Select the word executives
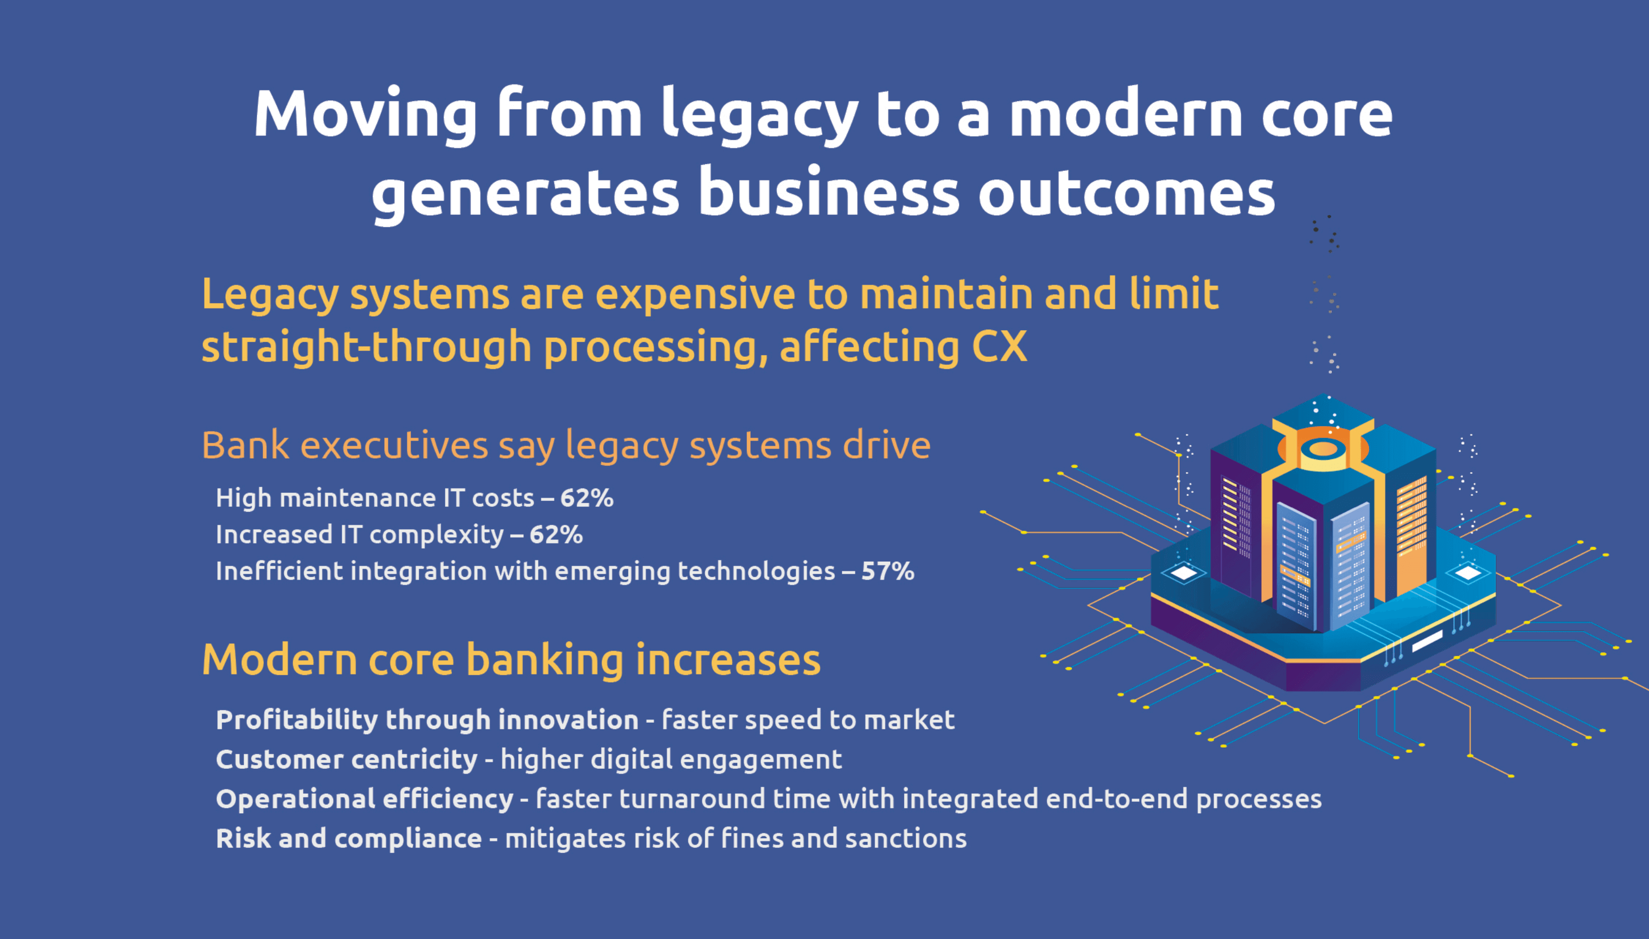(x=394, y=445)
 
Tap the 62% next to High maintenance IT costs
(x=586, y=498)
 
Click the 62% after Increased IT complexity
(x=556, y=535)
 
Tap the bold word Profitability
(x=296, y=720)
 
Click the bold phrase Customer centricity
(x=347, y=759)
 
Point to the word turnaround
(x=691, y=799)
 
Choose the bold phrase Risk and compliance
(x=348, y=838)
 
